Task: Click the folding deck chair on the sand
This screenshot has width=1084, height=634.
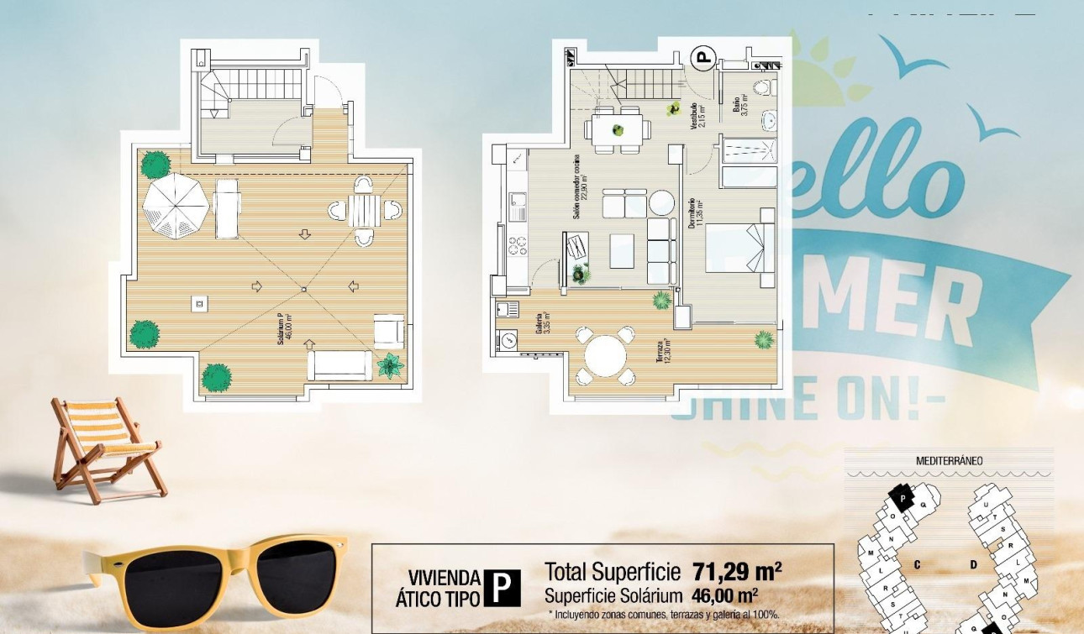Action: coord(105,449)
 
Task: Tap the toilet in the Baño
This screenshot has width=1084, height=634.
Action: coord(763,87)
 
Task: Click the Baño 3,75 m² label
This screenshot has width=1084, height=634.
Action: coord(739,105)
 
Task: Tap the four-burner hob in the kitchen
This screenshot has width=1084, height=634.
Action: coord(517,245)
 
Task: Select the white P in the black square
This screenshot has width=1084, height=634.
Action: coord(502,588)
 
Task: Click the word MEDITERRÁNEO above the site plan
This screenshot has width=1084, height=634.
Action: coord(949,461)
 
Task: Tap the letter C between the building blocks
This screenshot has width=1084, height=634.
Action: coord(917,565)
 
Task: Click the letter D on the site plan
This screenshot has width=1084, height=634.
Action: coord(974,565)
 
